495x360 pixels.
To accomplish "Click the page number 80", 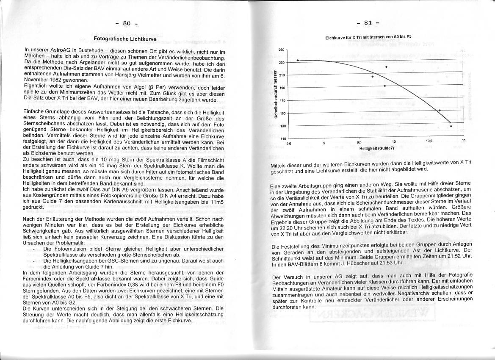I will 127,23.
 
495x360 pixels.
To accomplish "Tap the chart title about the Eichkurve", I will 368,37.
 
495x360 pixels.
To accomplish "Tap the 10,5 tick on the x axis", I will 429,141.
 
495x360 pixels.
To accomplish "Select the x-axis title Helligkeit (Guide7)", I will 376,148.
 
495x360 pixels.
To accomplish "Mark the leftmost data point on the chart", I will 298,61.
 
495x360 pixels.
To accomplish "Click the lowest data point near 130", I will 451,126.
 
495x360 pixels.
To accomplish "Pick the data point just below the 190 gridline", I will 384,86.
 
